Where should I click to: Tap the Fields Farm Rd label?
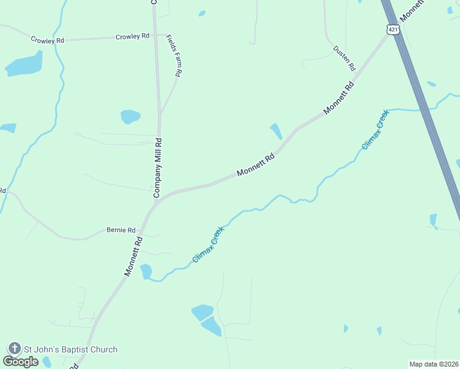tap(173, 55)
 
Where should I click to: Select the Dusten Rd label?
tap(344, 57)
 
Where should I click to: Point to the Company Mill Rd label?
tap(158, 167)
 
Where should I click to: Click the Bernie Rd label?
tap(121, 230)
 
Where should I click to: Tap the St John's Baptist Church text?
tap(70, 349)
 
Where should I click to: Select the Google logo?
tap(20, 362)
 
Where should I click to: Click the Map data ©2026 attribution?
tap(434, 364)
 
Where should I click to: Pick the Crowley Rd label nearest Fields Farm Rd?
tap(132, 37)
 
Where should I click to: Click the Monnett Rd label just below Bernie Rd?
tap(133, 256)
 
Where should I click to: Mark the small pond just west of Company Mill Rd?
tap(130, 116)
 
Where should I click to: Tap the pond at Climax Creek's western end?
tap(146, 271)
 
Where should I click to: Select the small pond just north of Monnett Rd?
tap(276, 131)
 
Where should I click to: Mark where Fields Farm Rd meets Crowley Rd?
tap(161, 36)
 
